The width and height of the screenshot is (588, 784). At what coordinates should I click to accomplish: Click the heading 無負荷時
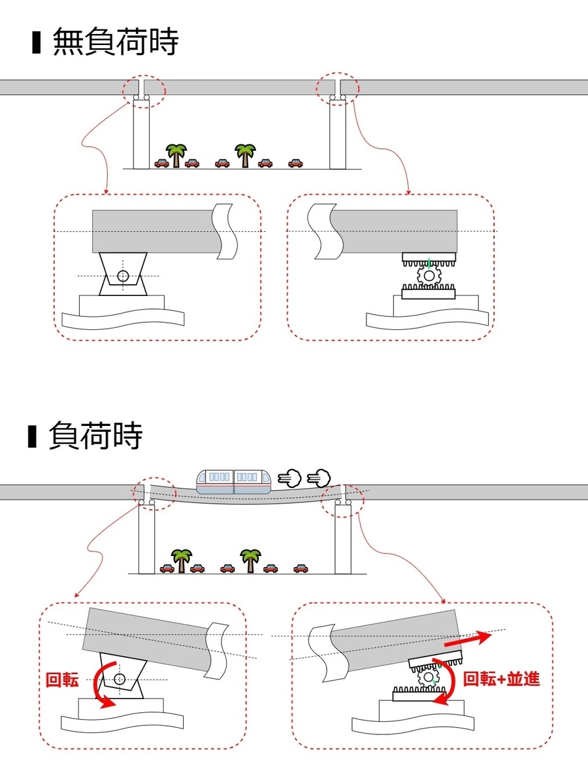(116, 42)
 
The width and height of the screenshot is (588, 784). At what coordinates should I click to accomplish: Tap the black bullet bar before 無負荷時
(36, 42)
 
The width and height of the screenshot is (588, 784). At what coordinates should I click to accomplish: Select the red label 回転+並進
(501, 679)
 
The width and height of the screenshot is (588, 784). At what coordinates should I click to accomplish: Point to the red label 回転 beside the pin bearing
(62, 679)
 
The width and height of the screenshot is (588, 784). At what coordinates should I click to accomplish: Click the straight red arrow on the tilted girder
(467, 638)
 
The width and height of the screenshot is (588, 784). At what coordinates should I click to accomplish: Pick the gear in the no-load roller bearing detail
(429, 276)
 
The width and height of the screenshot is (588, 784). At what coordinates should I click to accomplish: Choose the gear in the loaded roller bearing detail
(428, 677)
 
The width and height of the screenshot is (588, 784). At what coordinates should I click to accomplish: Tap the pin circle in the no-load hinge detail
(123, 276)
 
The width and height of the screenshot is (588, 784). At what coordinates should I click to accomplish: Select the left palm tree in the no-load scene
(176, 155)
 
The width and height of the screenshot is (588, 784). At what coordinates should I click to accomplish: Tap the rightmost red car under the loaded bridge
(301, 568)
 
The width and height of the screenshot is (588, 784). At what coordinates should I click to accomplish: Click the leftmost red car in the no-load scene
(162, 163)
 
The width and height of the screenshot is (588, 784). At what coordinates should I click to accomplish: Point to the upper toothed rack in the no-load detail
(429, 259)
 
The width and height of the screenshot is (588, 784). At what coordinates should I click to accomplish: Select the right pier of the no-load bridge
(338, 134)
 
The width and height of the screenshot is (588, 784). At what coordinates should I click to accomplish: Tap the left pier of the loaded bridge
(146, 540)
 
